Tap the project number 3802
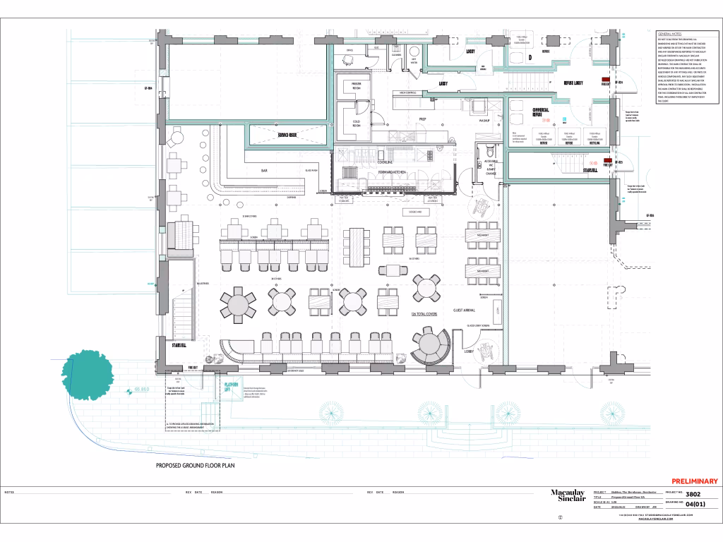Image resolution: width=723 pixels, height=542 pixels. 693,493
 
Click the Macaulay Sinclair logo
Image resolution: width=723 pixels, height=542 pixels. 568,497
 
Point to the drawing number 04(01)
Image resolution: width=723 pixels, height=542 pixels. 695,503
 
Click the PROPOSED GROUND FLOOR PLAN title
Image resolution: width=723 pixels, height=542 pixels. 195,466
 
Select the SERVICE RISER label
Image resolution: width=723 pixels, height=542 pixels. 288,134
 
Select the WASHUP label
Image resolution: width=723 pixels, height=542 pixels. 484,121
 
